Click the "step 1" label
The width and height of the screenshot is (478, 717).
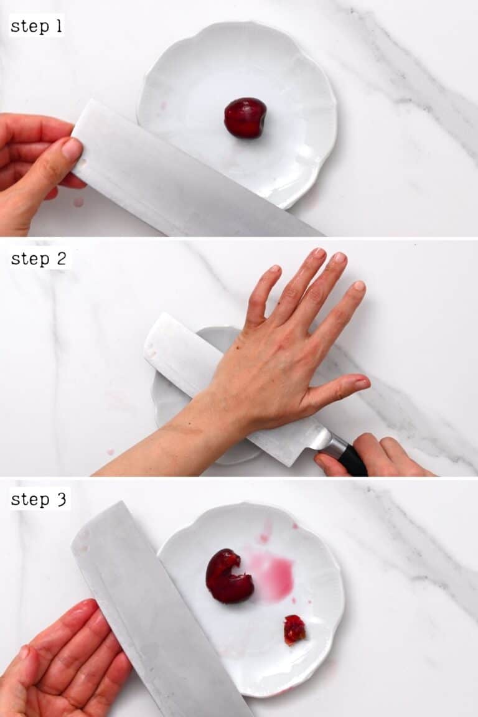coord(36,26)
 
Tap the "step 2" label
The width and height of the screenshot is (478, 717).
coord(38,259)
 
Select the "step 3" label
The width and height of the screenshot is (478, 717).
coord(39,499)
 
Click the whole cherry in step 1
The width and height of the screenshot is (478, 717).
coord(245,117)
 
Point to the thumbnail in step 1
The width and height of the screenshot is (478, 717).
coord(72,149)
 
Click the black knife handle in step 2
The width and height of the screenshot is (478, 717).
coord(352,461)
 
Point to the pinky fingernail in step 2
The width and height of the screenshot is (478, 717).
coord(359,286)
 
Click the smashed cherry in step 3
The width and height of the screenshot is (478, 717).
coord(227,577)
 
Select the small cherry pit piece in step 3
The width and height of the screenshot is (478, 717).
coord(294,629)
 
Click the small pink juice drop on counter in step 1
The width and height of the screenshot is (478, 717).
coord(78,202)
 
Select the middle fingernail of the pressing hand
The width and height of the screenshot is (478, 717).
coord(319,253)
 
